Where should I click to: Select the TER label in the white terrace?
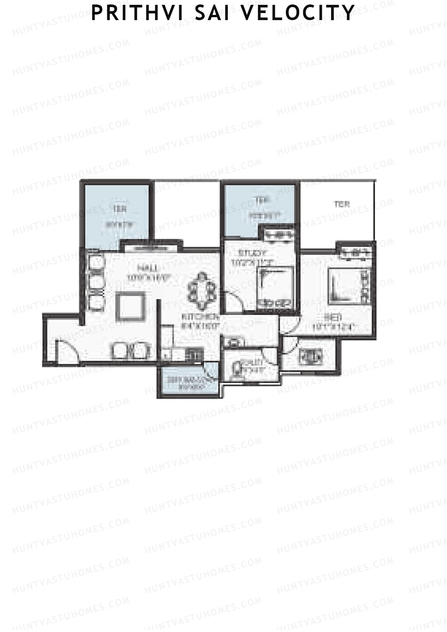pos(341,204)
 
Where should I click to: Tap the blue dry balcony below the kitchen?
pos(187,381)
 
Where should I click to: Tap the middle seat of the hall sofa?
pos(96,282)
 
